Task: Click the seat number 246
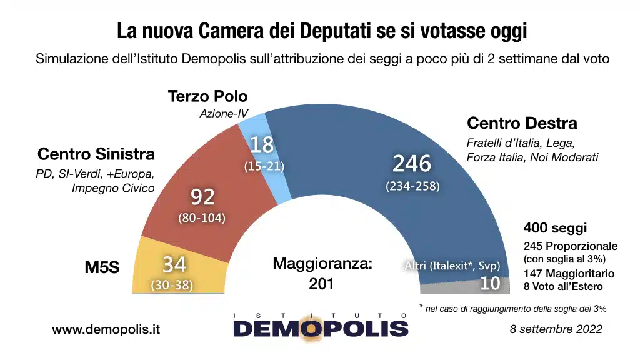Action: pos(412,164)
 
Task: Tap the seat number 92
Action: pos(202,197)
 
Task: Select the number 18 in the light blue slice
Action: pos(262,145)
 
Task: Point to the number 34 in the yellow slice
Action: pos(174,265)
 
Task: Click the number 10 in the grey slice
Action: pos(491,283)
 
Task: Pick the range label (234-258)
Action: pos(412,186)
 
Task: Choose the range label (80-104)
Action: pos(202,218)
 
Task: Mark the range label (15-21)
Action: pos(264,166)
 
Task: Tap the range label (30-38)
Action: pos(172,285)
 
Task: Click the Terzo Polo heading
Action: pos(208,97)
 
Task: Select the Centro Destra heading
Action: pos(522,123)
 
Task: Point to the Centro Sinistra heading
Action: pos(96,154)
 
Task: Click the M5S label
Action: pos(102,267)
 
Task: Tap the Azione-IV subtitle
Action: pos(224,114)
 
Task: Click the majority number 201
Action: pos(322,284)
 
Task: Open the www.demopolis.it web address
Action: pos(106,329)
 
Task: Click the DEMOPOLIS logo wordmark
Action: pos(321,327)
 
